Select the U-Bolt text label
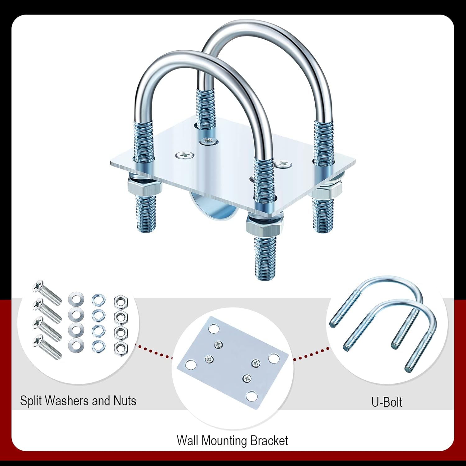(x=387, y=402)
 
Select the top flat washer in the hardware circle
(x=75, y=299)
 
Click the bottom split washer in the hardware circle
(x=98, y=345)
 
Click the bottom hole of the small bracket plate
(x=252, y=396)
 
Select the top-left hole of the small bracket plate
(x=213, y=328)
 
